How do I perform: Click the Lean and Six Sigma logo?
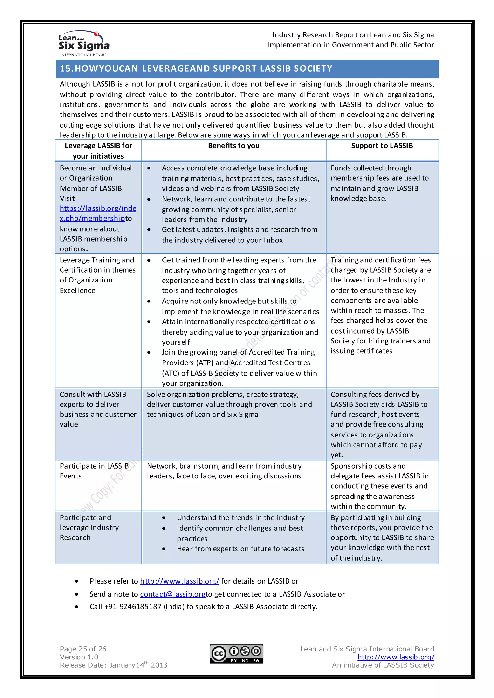click(x=84, y=44)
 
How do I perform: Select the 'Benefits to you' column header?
click(x=234, y=146)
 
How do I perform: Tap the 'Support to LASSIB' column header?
click(x=382, y=146)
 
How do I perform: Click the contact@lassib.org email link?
click(x=172, y=594)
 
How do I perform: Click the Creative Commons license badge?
click(x=236, y=654)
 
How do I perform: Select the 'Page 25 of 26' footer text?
click(x=83, y=649)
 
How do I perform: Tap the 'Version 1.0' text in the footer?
click(x=79, y=657)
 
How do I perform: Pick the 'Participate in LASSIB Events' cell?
click(x=94, y=471)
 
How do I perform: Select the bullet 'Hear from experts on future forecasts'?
click(x=240, y=549)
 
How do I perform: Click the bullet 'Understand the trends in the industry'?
click(x=241, y=518)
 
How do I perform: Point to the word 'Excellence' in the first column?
click(x=78, y=291)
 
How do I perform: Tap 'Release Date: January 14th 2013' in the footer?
click(x=113, y=665)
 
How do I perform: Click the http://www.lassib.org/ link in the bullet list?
click(x=179, y=581)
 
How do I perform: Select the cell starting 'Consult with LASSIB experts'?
click(x=98, y=409)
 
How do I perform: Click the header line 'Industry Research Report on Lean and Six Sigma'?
click(x=353, y=35)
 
